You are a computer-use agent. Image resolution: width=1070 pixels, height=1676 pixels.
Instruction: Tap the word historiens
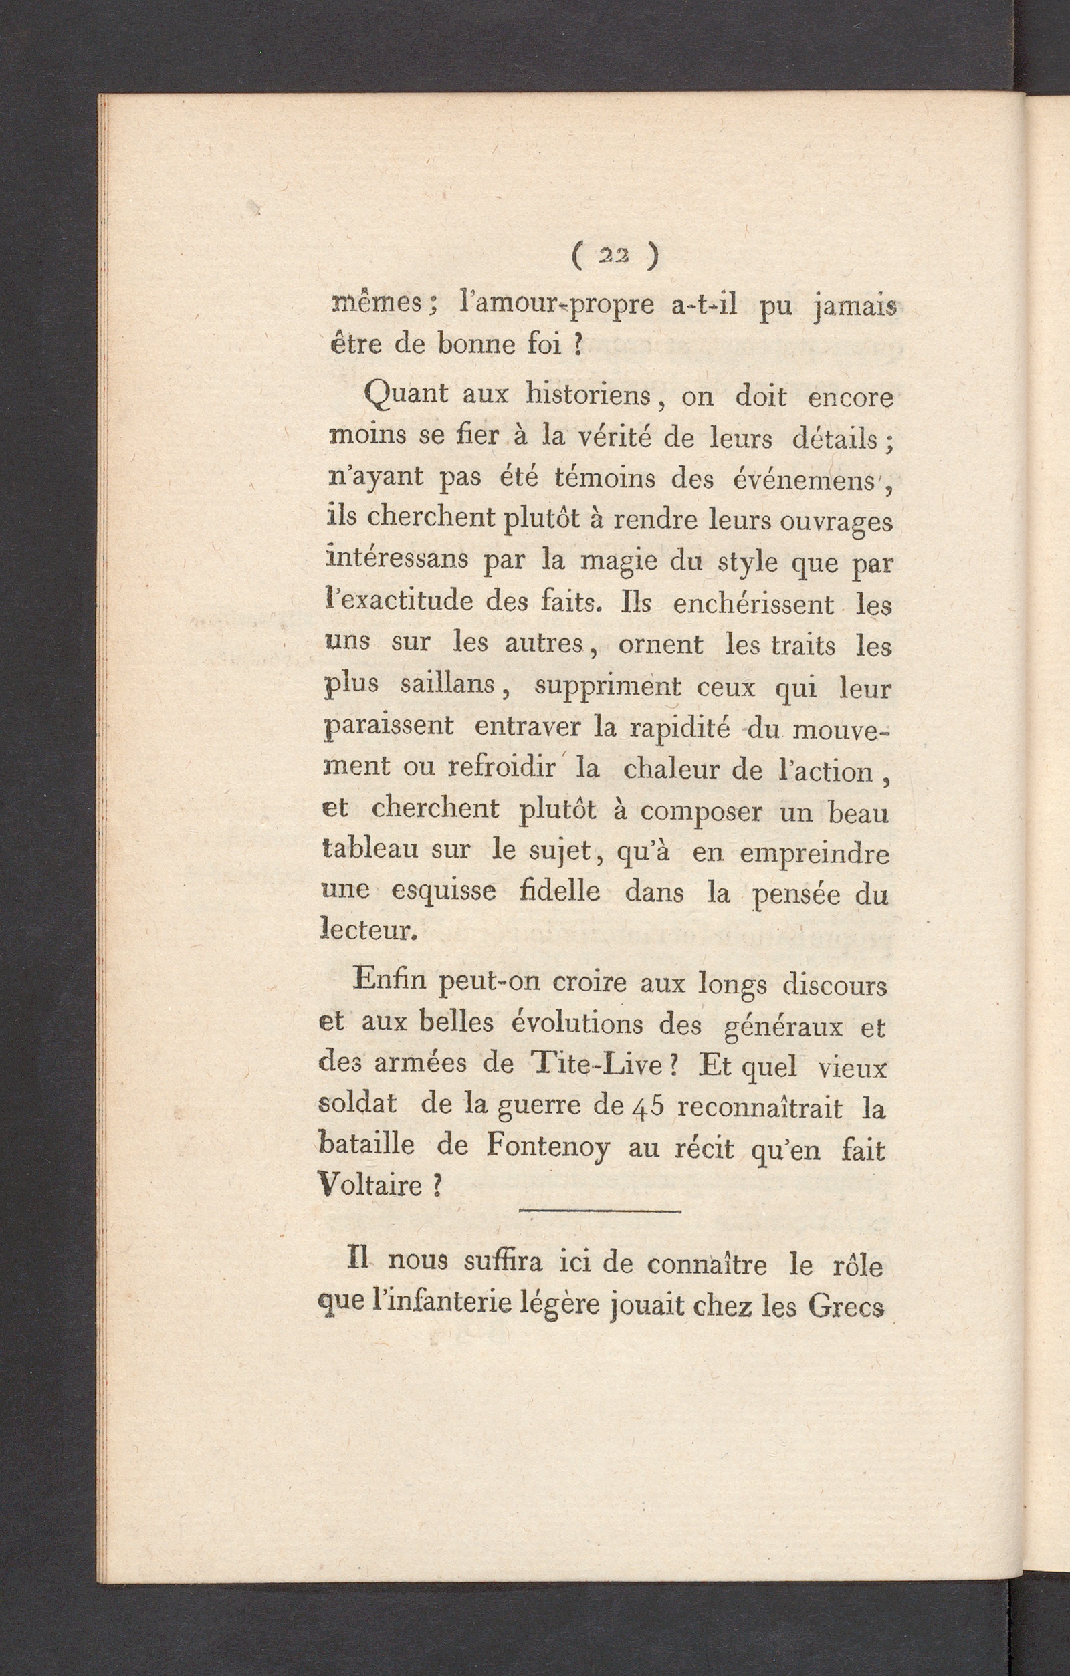(x=588, y=396)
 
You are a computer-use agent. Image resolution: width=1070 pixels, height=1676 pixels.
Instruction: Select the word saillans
(x=447, y=685)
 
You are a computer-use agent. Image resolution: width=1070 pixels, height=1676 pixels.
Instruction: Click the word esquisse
(x=443, y=892)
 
